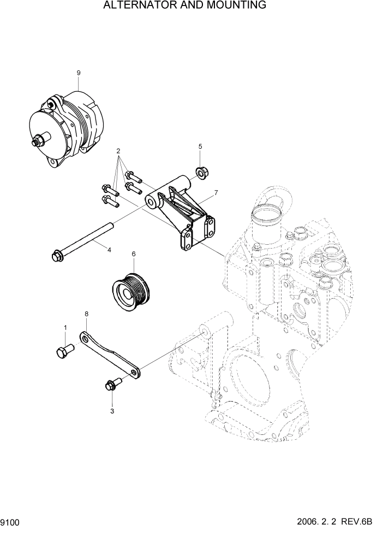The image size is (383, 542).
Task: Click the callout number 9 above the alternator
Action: click(x=79, y=73)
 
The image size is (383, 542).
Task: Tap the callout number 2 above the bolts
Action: click(x=118, y=151)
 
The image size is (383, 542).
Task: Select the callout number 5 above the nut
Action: click(x=200, y=146)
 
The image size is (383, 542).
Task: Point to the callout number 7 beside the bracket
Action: click(x=216, y=193)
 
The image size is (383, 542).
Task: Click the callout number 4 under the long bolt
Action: click(x=109, y=250)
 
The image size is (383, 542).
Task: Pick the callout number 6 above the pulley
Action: click(x=133, y=254)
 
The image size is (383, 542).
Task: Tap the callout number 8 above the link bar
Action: click(x=86, y=314)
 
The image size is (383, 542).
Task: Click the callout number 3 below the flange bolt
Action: click(x=112, y=411)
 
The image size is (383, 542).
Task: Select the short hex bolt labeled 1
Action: click(x=63, y=351)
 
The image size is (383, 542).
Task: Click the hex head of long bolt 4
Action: click(x=56, y=255)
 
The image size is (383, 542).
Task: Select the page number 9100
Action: click(x=11, y=523)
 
